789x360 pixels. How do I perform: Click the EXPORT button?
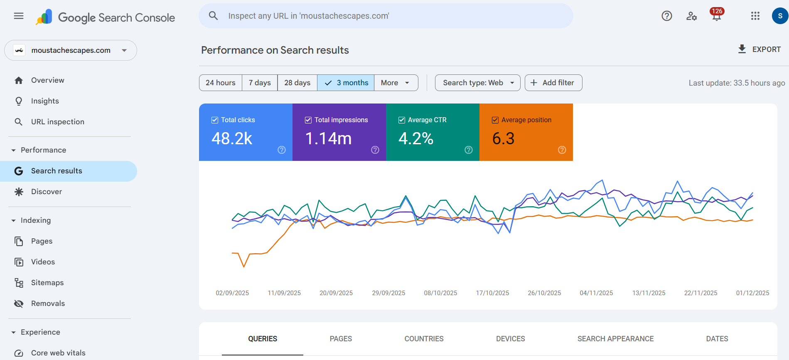(759, 49)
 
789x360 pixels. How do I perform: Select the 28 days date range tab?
(297, 83)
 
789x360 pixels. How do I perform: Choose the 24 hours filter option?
(220, 83)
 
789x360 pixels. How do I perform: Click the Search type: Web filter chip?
(477, 83)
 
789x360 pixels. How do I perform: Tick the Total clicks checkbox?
(215, 120)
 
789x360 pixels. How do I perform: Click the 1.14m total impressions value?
(328, 138)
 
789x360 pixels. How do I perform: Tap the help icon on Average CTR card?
(468, 150)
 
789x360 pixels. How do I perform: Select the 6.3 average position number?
(503, 138)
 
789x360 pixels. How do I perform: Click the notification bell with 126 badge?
(716, 16)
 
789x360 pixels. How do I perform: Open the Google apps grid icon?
(755, 16)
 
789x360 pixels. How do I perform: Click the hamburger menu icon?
(19, 16)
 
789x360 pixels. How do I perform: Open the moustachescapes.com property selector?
(71, 50)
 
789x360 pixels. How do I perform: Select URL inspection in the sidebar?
(57, 122)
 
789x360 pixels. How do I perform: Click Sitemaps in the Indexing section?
(47, 283)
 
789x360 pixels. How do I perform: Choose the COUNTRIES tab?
(424, 339)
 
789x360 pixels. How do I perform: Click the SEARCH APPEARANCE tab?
(615, 339)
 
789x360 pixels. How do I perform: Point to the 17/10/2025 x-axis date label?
(492, 293)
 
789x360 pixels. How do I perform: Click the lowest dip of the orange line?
(243, 266)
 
